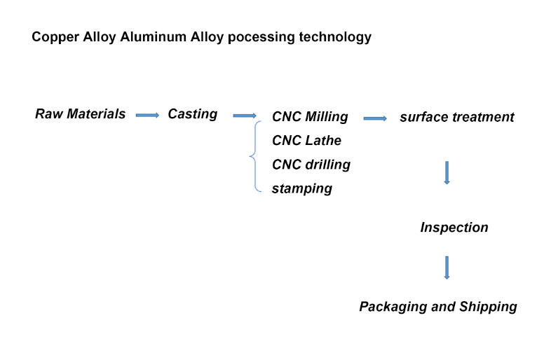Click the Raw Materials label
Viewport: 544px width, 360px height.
click(80, 113)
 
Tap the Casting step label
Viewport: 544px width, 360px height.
click(192, 113)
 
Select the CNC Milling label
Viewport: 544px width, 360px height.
click(309, 117)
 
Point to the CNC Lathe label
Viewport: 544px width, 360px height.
click(306, 141)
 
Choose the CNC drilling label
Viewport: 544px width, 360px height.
click(311, 165)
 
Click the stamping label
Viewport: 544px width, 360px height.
click(301, 188)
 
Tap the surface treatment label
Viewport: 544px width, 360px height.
click(456, 117)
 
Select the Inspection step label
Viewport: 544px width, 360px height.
click(454, 228)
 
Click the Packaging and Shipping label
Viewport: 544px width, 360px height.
click(437, 307)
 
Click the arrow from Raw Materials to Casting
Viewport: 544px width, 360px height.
click(147, 115)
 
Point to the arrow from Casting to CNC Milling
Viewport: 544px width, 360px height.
click(244, 116)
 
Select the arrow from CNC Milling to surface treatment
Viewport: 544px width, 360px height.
click(375, 118)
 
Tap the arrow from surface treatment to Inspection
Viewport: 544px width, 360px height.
click(447, 172)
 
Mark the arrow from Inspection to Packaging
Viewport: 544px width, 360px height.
click(447, 268)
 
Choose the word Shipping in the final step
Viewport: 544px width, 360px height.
click(488, 307)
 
